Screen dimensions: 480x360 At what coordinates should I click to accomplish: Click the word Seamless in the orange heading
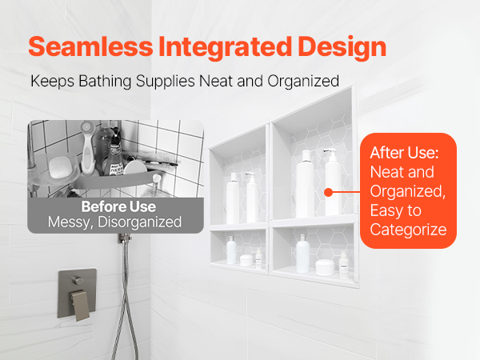[x=90, y=46]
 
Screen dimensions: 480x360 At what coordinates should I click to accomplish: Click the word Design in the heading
[x=342, y=47]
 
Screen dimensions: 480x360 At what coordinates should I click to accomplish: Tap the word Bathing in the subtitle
[x=105, y=82]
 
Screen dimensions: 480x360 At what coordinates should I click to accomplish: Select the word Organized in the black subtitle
[x=303, y=82]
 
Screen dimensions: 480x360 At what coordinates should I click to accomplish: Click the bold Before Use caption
[x=118, y=206]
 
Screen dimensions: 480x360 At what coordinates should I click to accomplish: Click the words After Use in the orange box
[x=404, y=153]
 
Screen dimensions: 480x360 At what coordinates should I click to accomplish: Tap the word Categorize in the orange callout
[x=408, y=230]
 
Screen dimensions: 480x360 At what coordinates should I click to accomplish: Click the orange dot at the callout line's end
[x=328, y=192]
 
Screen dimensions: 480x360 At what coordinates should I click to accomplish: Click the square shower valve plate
[x=77, y=294]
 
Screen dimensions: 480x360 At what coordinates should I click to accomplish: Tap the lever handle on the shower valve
[x=80, y=306]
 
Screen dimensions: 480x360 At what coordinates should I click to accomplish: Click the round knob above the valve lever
[x=78, y=281]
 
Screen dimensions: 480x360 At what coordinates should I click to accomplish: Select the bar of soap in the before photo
[x=60, y=167]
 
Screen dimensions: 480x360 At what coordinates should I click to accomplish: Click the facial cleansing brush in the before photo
[x=88, y=147]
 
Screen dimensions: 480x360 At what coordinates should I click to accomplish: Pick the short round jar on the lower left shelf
[x=246, y=260]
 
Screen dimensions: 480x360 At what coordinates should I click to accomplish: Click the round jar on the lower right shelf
[x=325, y=267]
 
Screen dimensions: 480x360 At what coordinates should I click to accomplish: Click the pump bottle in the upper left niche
[x=252, y=198]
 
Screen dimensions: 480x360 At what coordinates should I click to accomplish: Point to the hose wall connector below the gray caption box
[x=125, y=238]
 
